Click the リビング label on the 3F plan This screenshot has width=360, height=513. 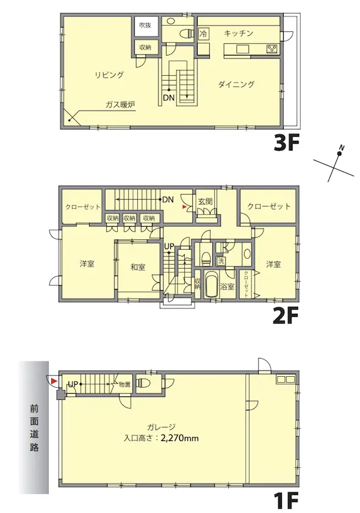110,75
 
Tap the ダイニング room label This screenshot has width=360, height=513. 236,84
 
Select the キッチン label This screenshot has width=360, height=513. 239,33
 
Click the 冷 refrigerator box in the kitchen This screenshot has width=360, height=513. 203,34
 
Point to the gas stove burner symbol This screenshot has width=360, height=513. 272,49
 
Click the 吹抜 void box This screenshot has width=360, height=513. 145,25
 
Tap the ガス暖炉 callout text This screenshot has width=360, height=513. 120,105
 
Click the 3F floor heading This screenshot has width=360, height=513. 287,144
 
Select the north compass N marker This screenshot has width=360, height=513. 341,148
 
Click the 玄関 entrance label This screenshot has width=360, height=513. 205,201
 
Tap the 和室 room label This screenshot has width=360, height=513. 138,267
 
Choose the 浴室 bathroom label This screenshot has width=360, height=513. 227,286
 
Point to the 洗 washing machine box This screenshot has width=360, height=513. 221,261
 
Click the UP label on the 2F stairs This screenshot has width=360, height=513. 169,247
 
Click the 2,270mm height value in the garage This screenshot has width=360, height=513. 179,438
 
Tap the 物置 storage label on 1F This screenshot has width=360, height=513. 124,384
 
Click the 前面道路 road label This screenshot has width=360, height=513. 34,428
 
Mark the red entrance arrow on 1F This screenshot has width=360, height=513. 54,381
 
